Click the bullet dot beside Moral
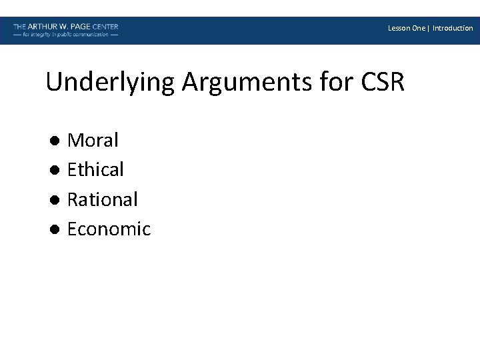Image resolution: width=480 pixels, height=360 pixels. pyautogui.click(x=55, y=141)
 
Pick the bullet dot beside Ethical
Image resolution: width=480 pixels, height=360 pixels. pyautogui.click(x=55, y=170)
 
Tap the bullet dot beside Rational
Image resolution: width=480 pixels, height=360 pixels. pyautogui.click(x=55, y=200)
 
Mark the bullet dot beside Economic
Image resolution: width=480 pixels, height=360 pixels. pyautogui.click(x=55, y=229)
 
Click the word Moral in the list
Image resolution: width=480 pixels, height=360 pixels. pyautogui.click(x=93, y=140)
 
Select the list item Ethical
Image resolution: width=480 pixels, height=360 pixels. pyautogui.click(x=95, y=170)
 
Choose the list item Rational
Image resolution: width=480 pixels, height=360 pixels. pyautogui.click(x=102, y=199)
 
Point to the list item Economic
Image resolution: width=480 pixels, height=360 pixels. pyautogui.click(x=109, y=229)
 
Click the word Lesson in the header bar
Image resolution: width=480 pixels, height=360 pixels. pyautogui.click(x=399, y=28)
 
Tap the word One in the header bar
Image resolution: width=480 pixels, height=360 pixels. pyautogui.click(x=419, y=28)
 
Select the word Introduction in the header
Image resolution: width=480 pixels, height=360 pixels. pyautogui.click(x=453, y=28)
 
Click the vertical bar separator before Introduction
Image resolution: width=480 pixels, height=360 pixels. pyautogui.click(x=429, y=28)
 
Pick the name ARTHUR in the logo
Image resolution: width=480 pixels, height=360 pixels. pyautogui.click(x=42, y=27)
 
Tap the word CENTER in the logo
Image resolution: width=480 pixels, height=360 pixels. pyautogui.click(x=106, y=27)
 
